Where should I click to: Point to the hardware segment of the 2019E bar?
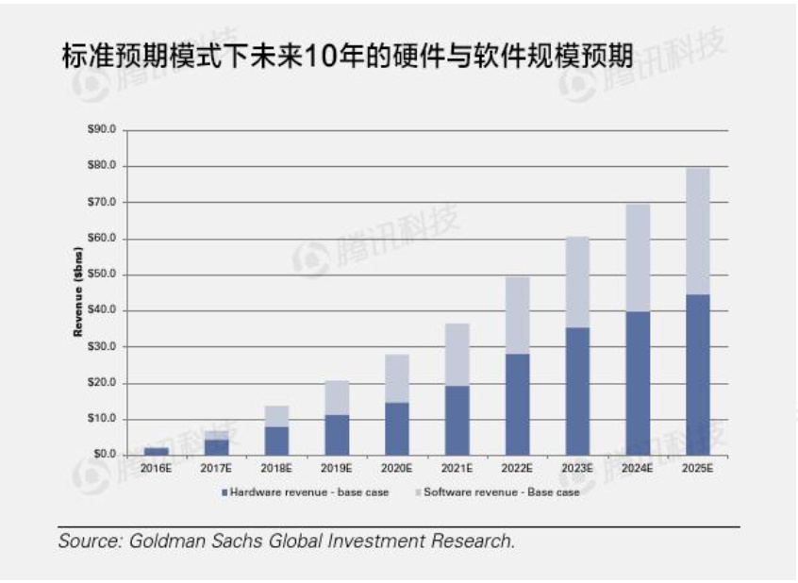coord(336,434)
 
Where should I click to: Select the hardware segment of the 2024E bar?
coord(638,382)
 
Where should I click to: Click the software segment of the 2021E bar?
coord(457,354)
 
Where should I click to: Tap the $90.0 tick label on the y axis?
coord(99,129)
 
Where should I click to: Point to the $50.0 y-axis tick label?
coord(99,275)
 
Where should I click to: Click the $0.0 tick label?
coord(101,455)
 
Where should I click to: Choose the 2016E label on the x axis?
coord(156,467)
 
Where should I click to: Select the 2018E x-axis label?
coord(275,467)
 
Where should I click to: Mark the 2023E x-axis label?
coord(577,467)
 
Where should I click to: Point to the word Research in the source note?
coord(473,541)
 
